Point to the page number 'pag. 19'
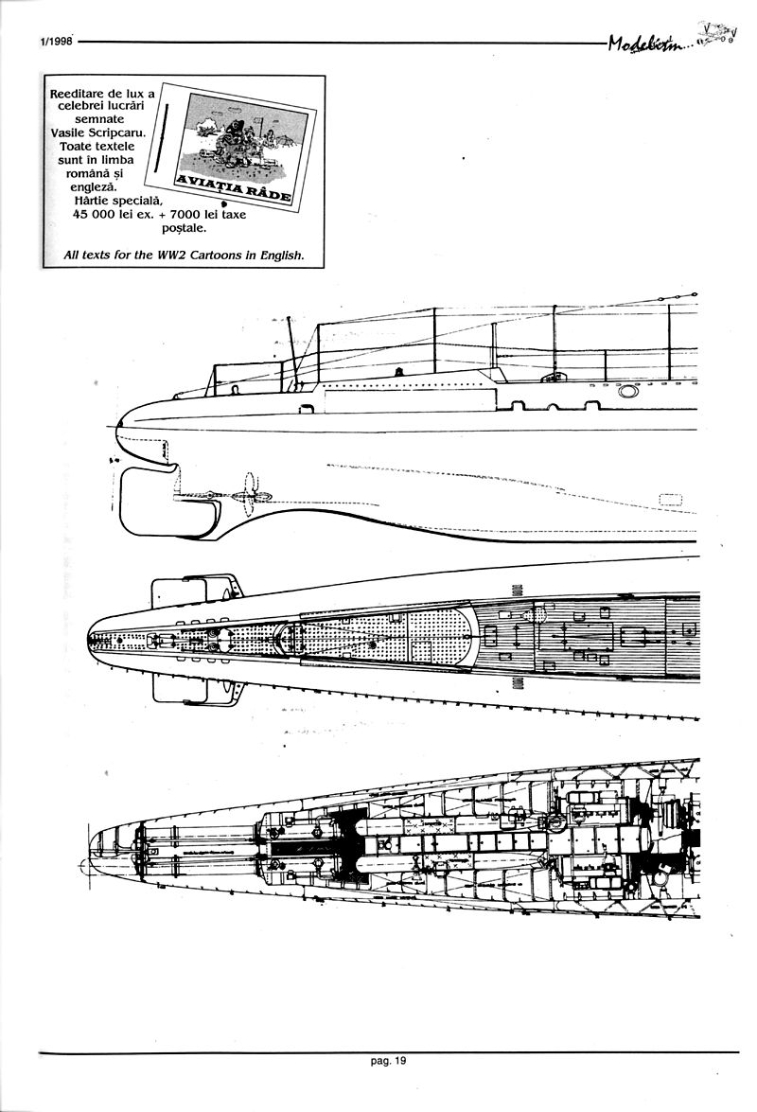pos(388,1061)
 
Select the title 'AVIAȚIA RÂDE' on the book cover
pos(234,187)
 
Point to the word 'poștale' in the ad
pos(179,228)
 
